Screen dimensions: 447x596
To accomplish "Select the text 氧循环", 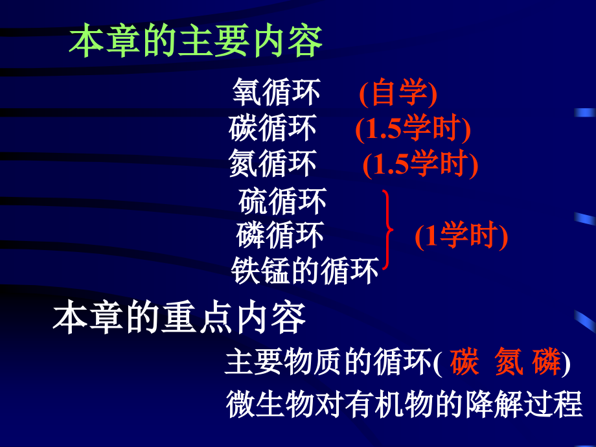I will coord(276,93).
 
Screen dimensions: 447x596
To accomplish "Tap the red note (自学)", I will coord(398,94).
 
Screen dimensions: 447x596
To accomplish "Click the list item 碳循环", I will coord(273,128).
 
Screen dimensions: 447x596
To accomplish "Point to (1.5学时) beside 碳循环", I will coord(412,130).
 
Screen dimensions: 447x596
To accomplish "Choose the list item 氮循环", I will coord(273,163).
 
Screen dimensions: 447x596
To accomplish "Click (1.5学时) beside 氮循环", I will coord(420,165).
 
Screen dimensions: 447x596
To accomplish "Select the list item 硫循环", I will coord(282,201).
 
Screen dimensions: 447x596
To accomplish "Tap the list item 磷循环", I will coord(280,235).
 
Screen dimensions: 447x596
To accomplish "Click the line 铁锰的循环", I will coord(304,271).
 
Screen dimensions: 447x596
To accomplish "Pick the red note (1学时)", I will coord(461,236).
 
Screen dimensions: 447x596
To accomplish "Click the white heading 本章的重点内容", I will coord(179,319).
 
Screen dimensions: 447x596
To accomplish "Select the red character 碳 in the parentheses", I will coord(464,362).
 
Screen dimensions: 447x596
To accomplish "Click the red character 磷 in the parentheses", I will coord(547,362).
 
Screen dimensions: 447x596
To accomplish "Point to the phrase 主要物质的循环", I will coord(327,363).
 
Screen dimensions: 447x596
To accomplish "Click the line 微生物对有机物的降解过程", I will coord(404,404).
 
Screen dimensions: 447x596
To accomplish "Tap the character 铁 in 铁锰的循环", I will coord(245,271).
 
